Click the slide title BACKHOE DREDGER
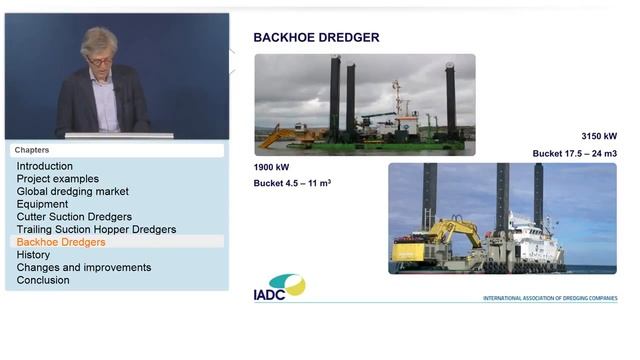click(316, 38)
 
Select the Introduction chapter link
click(45, 166)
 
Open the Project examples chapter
click(58, 179)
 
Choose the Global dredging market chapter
click(73, 191)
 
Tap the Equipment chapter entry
click(42, 204)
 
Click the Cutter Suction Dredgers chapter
click(74, 217)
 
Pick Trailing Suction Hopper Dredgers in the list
click(96, 229)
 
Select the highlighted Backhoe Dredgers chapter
click(61, 242)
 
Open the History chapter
click(33, 255)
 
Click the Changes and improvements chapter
click(84, 267)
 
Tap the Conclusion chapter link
click(43, 280)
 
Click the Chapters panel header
click(32, 150)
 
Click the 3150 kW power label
click(599, 136)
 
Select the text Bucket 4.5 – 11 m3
click(292, 184)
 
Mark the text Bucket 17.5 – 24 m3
click(574, 153)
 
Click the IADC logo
click(279, 288)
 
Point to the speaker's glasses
click(100, 61)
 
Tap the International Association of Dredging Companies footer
click(549, 298)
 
